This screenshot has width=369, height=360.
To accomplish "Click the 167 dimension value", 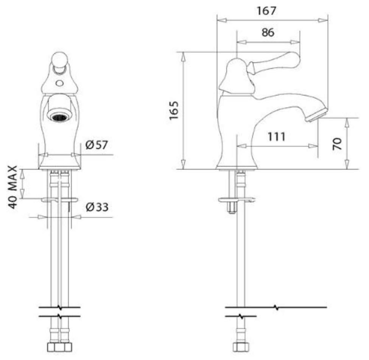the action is coord(266,11).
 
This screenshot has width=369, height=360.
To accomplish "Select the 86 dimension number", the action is coord(268,32).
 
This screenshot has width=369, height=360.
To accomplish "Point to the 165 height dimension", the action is coord(174,111).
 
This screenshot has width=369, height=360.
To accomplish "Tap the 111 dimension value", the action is coord(277,137).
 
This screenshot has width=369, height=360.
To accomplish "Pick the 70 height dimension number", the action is coord(337,144).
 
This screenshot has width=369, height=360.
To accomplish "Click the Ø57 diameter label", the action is coord(97,145).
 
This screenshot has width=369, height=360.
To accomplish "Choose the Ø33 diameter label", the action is coord(97,207).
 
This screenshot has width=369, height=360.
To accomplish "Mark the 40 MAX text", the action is coord(13,187).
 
